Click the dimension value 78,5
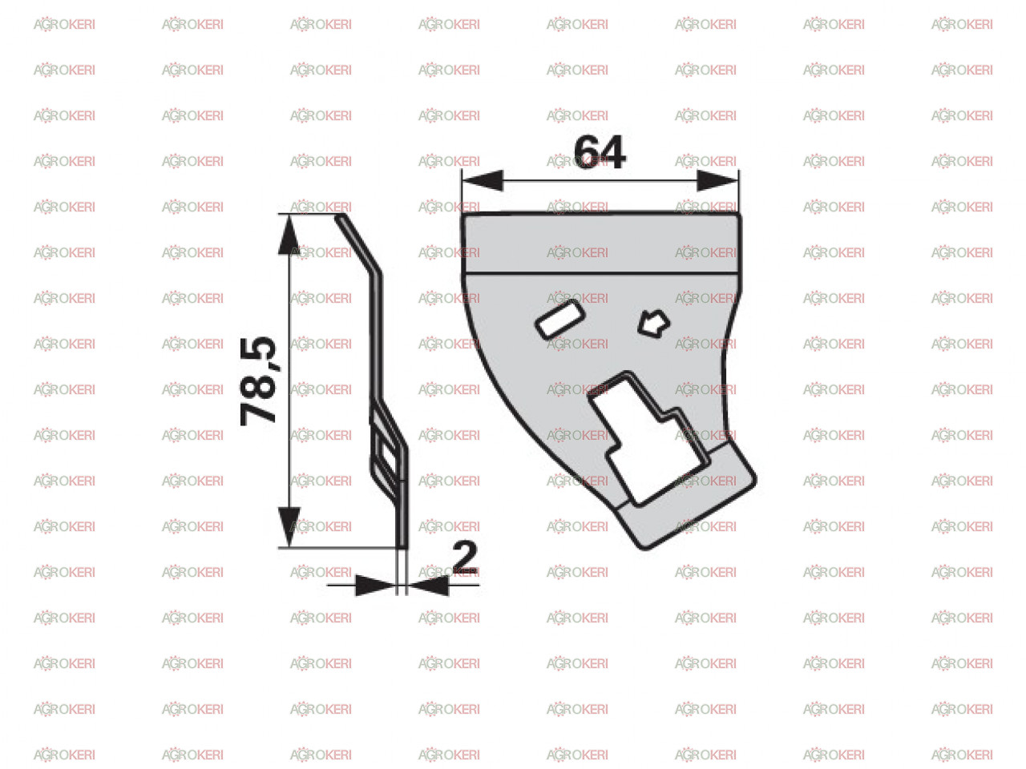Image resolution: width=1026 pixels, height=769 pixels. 257,380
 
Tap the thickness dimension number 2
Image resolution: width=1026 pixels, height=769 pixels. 465,556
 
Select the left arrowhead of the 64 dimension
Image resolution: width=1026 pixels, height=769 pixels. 483,180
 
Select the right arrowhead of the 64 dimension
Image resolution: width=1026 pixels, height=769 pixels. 717,180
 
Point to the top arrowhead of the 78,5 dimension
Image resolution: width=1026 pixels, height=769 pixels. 289,235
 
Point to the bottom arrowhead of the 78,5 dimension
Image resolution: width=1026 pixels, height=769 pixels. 289,526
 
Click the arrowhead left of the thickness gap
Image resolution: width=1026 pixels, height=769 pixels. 375,585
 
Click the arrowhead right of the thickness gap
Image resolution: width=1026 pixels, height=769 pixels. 429,585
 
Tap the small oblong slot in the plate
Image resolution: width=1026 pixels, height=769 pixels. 559,320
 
